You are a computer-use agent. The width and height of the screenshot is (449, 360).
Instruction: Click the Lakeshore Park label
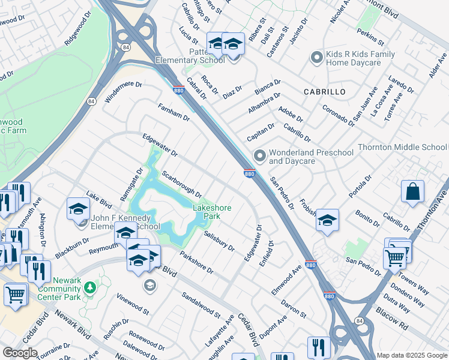pos(212,212)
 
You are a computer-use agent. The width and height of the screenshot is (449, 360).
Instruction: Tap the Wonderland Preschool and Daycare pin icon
pos(259,156)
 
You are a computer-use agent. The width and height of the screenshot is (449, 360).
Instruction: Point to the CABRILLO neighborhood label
pos(325,92)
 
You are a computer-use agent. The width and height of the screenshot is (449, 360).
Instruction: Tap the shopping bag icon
pos(413,192)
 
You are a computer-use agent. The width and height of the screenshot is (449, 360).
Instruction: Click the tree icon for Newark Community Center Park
pos(90,287)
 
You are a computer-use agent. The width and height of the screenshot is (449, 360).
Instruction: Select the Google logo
pos(19,353)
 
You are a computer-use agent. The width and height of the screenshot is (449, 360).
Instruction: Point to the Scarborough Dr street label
pos(182,184)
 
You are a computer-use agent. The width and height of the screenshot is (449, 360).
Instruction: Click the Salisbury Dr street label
pos(218,241)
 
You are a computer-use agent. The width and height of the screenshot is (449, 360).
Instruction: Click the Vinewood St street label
pos(133,304)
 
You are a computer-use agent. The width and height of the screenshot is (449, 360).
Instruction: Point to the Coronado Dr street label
pos(338,115)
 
